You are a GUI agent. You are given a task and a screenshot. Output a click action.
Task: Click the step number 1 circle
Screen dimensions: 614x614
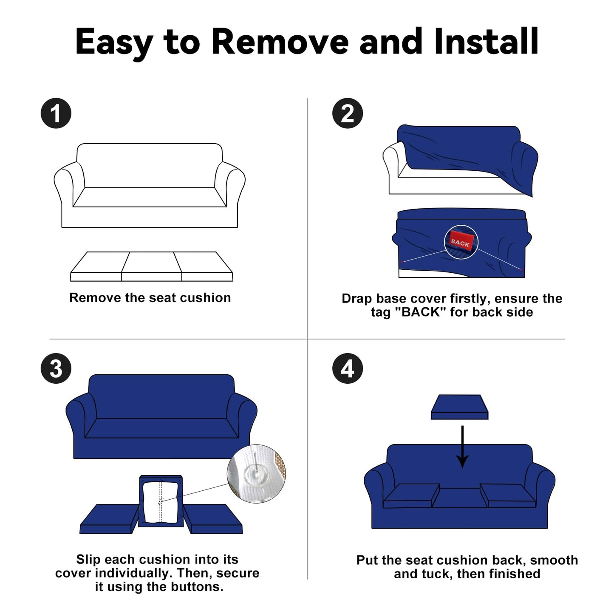pos(56,113)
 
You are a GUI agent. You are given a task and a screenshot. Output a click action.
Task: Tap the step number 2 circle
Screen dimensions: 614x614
pos(347,113)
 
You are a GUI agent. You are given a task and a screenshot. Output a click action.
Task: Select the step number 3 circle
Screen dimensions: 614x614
pos(56,368)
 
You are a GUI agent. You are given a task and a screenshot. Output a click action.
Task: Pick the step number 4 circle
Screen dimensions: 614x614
pos(347,368)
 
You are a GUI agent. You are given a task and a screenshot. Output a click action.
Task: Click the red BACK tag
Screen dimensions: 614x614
pos(461,242)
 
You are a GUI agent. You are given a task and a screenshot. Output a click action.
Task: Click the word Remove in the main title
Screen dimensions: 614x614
pos(280,42)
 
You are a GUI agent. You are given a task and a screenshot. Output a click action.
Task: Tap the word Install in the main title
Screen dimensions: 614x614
pos(487,41)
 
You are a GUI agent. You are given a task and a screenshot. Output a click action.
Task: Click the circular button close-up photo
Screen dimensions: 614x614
pos(256,474)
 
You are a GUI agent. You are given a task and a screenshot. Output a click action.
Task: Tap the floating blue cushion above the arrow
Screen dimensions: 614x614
pos(459,407)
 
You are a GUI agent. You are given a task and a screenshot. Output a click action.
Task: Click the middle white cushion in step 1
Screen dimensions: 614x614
pos(152,266)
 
